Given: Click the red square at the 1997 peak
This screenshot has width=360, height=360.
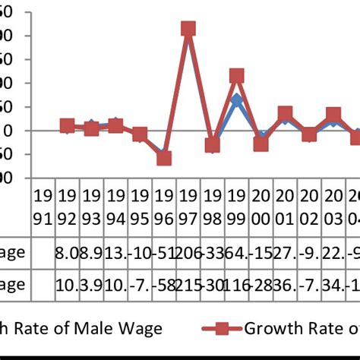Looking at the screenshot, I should coord(188,29).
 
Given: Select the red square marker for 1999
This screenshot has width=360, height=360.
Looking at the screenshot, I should coord(236,76).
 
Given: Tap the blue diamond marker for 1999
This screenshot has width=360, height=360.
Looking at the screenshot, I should coord(236,99).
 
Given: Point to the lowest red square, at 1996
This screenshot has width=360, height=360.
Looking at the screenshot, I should coord(164,158).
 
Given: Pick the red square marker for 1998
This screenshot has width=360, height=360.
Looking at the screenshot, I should coord(213,145).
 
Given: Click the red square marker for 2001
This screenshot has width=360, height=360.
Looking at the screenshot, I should coord(285,114).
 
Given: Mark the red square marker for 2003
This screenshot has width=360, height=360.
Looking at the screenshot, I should coord(333,115).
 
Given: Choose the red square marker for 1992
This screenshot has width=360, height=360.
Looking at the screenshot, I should coord(68,126).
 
